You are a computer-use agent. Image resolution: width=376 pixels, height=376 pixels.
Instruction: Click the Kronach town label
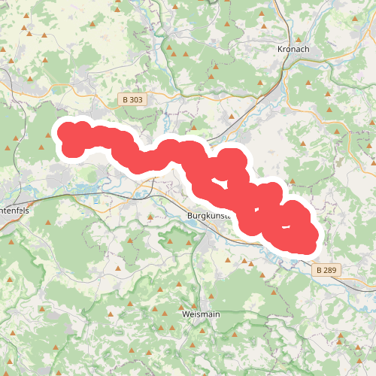(293, 50)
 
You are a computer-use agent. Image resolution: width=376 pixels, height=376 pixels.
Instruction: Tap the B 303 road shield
(131, 99)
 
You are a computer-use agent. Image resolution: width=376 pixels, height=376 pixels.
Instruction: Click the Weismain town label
(201, 313)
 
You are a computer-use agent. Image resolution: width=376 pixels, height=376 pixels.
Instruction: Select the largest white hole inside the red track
(219, 182)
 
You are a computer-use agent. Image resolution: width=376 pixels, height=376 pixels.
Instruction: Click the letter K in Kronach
(280, 50)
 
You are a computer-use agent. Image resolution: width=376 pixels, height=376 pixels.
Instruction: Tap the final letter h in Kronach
(307, 50)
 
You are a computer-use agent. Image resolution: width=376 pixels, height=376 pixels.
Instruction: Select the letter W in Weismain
(186, 313)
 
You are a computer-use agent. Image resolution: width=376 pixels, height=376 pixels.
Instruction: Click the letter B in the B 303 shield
(123, 99)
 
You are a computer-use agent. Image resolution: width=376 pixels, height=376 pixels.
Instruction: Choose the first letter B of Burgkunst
(188, 215)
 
